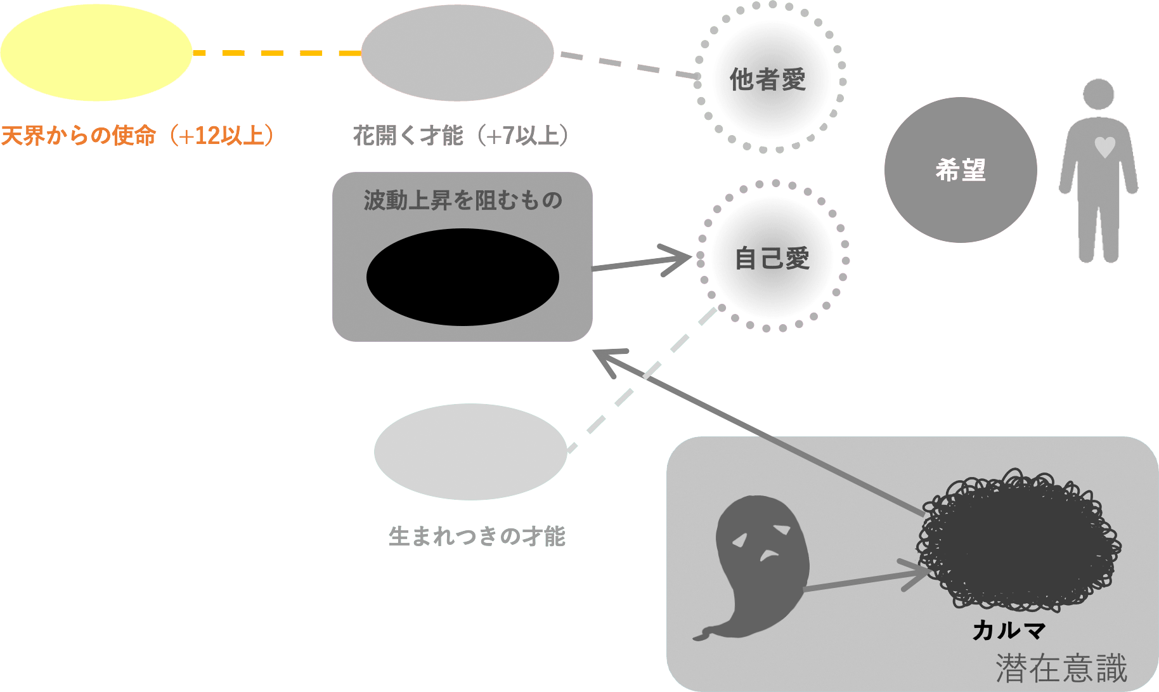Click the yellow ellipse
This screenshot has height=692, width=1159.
[96, 53]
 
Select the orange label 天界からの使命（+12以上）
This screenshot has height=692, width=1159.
[138, 136]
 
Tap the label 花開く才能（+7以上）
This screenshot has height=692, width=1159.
[460, 136]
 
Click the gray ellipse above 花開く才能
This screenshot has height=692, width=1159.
[457, 53]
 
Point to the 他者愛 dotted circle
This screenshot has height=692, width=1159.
[770, 79]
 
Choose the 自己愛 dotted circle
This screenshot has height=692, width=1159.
[773, 258]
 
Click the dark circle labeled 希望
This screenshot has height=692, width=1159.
[960, 170]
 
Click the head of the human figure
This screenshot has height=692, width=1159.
[1098, 94]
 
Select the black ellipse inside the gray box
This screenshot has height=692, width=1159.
[462, 277]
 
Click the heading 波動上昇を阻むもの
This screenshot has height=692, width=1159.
[463, 200]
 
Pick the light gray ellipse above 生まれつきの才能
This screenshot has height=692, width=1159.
[470, 452]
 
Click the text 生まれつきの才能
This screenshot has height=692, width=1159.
[477, 537]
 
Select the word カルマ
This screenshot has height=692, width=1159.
[1008, 630]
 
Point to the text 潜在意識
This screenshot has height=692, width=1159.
[1061, 669]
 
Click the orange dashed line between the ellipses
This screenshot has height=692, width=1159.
[276, 53]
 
